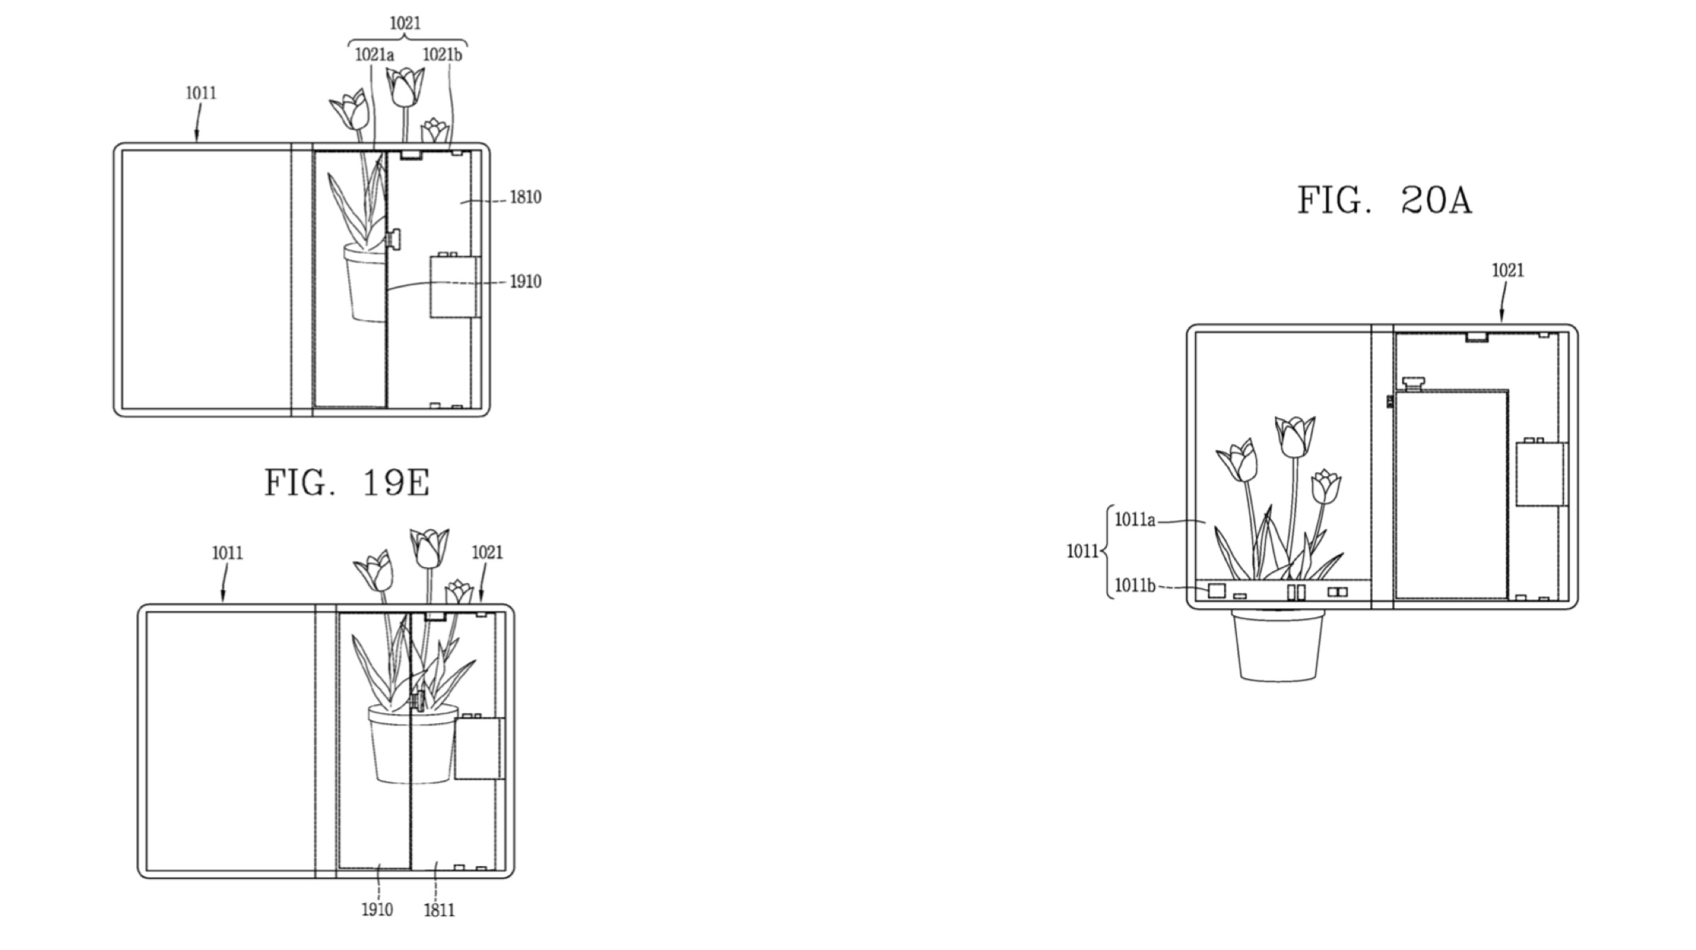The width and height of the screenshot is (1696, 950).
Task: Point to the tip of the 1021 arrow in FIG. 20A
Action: (x=1500, y=323)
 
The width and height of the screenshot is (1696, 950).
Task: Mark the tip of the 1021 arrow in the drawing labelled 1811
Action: (x=482, y=602)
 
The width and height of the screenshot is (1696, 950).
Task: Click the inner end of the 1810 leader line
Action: (x=461, y=203)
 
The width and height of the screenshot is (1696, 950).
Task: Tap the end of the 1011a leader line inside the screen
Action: (x=1206, y=523)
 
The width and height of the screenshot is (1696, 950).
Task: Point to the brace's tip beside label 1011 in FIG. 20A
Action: (x=1101, y=551)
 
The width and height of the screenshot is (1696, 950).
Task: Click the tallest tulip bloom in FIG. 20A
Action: (x=1295, y=436)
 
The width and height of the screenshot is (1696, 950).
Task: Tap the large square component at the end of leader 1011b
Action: (x=1216, y=590)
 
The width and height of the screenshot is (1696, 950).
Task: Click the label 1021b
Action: (x=442, y=54)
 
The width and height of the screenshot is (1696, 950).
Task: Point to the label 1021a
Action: (x=374, y=54)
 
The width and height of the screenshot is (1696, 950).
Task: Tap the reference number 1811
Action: (x=439, y=910)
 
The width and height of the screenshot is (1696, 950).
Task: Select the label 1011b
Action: (x=1134, y=586)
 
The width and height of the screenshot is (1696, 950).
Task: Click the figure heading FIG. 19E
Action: (x=347, y=483)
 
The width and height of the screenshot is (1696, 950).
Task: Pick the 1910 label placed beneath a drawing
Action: (x=377, y=910)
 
